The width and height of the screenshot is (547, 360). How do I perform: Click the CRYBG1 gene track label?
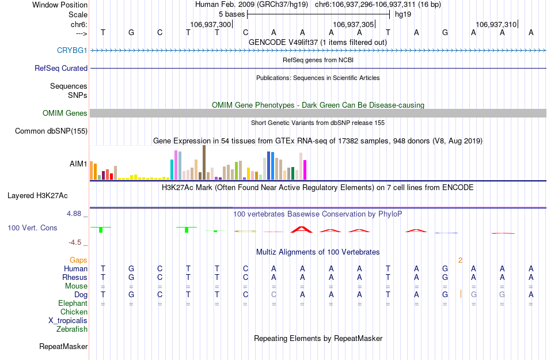pyautogui.click(x=72, y=50)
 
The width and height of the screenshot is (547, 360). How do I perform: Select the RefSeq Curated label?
pyautogui.click(x=61, y=68)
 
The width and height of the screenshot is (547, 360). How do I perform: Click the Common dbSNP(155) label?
pyautogui.click(x=51, y=131)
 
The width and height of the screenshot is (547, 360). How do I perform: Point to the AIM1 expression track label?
pyautogui.click(x=78, y=164)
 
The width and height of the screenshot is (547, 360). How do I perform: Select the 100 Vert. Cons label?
pyautogui.click(x=32, y=228)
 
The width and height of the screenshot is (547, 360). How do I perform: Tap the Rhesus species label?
pyautogui.click(x=74, y=277)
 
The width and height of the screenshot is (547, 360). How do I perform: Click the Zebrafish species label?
pyautogui.click(x=72, y=329)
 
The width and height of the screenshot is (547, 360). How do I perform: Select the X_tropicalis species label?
pyautogui.click(x=68, y=320)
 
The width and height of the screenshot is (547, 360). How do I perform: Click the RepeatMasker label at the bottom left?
pyautogui.click(x=63, y=347)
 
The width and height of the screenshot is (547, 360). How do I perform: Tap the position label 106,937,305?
pyautogui.click(x=354, y=24)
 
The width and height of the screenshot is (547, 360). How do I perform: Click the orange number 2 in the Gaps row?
pyautogui.click(x=460, y=260)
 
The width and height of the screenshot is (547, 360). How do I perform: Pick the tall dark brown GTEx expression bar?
pyautogui.click(x=204, y=162)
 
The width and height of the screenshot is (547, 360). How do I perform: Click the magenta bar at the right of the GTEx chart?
pyautogui.click(x=305, y=169)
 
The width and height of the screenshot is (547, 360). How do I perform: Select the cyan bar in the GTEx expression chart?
pyautogui.click(x=172, y=169)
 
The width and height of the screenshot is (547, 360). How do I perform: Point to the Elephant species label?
pyautogui.click(x=73, y=303)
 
